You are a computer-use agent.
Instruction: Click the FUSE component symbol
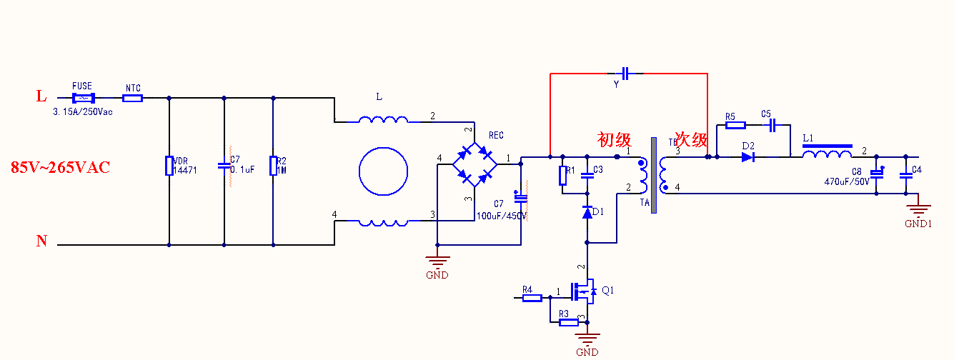(x=84, y=97)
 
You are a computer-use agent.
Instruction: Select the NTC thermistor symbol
(x=132, y=97)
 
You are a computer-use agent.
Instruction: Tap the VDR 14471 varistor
(x=169, y=166)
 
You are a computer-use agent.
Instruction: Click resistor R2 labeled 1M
(x=273, y=166)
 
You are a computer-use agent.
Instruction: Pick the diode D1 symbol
(x=587, y=212)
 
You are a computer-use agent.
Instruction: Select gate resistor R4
(x=532, y=298)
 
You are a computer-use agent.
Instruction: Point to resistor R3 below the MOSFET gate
(x=568, y=322)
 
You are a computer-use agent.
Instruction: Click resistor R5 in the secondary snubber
(x=735, y=125)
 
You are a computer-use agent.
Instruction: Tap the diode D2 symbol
(x=748, y=157)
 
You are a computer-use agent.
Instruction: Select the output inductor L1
(x=827, y=154)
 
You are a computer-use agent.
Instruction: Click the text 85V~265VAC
(x=60, y=168)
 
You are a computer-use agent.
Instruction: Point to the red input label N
(x=41, y=241)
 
